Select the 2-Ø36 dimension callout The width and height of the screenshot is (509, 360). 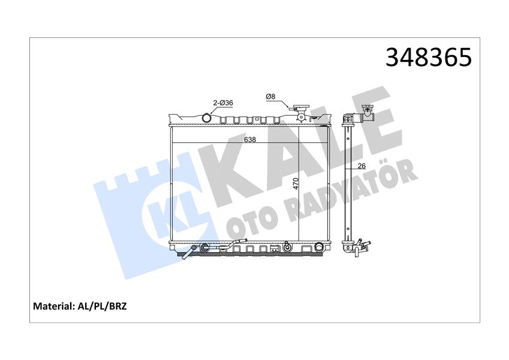point(221,103)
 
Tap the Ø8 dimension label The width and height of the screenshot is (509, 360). point(271,97)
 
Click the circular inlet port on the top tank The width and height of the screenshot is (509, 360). point(208,118)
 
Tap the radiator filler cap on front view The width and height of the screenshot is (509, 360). point(299,111)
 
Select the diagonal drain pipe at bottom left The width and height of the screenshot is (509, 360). point(189,253)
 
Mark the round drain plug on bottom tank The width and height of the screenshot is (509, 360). point(287,247)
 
